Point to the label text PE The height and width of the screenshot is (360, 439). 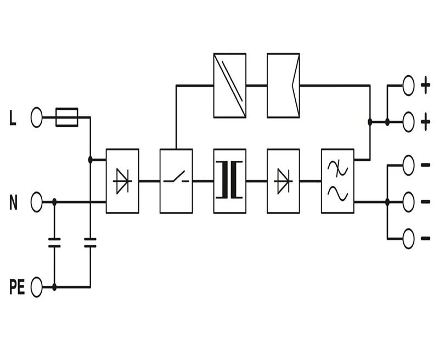(17, 287)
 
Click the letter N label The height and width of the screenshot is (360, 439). (13, 202)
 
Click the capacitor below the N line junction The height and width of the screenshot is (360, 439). (54, 243)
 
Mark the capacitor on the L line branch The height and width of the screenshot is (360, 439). (90, 243)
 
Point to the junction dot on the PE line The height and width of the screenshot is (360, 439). (54, 287)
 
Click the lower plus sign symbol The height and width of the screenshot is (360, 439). (426, 122)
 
